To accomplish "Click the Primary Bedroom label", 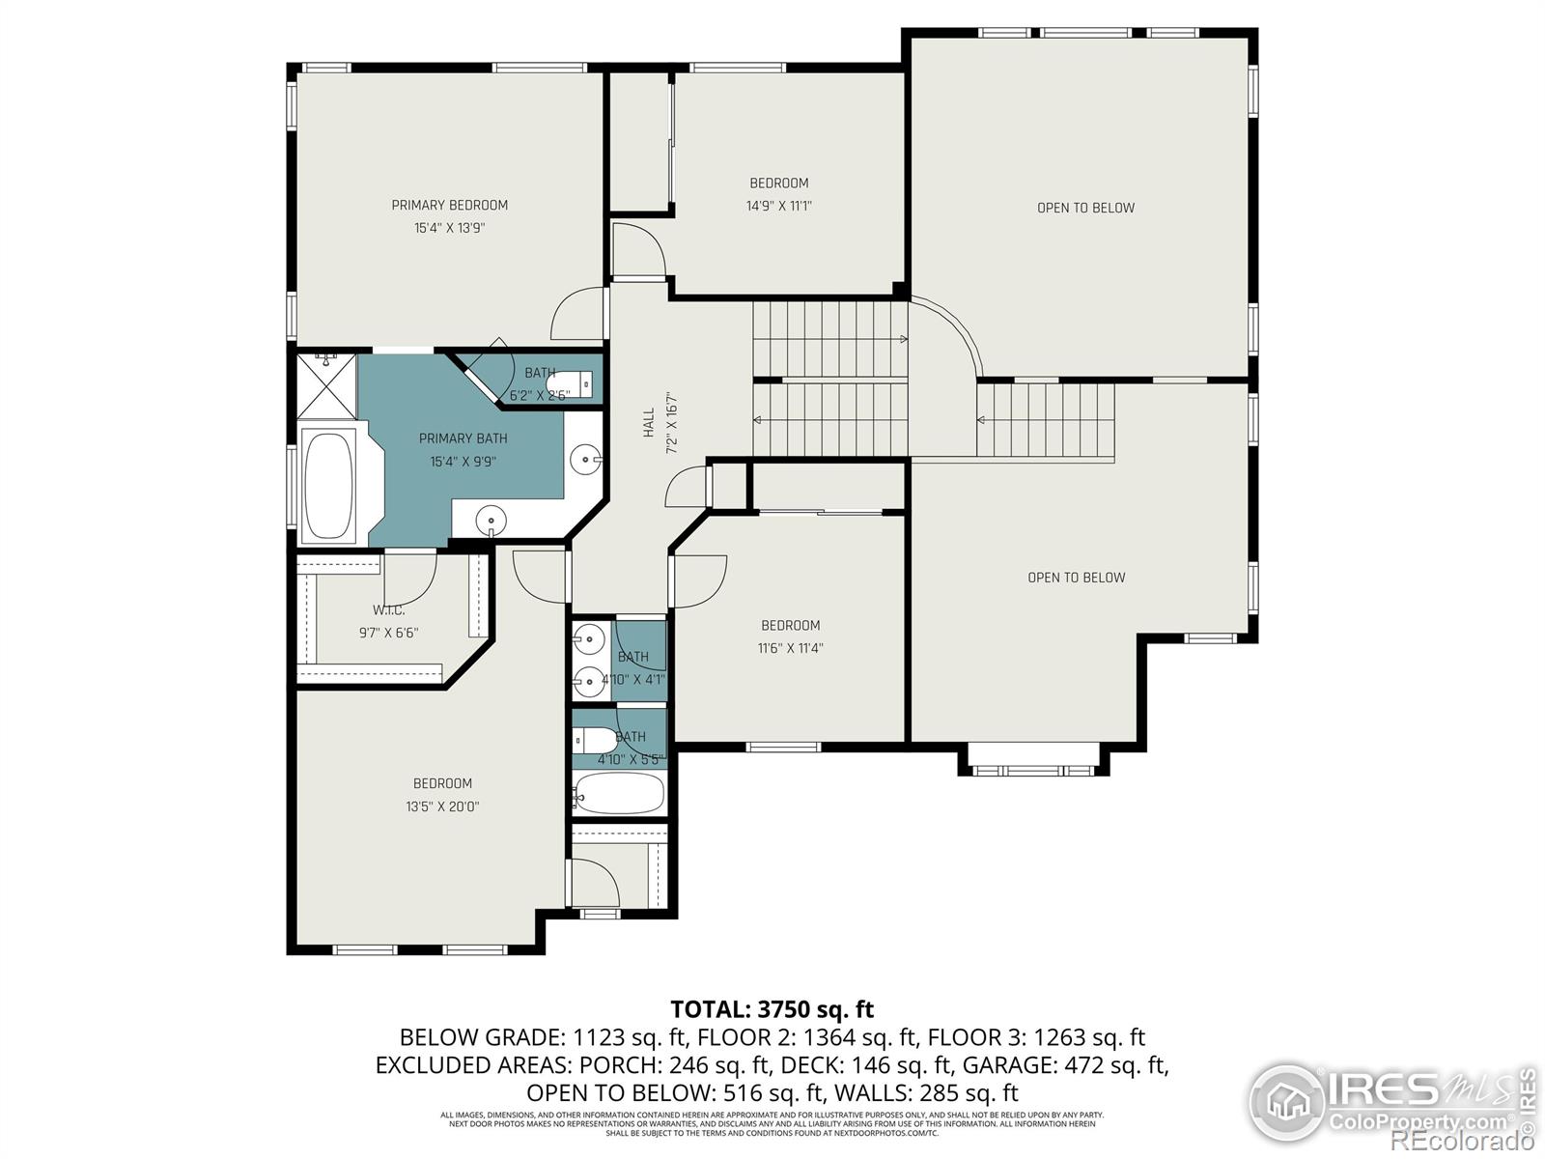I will [449, 205].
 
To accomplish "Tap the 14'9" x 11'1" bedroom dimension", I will [778, 206].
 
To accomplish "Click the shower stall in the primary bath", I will [326, 383].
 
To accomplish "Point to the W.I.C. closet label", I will [388, 610].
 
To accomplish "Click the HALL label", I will [649, 422].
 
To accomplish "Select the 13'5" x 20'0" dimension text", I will [442, 806].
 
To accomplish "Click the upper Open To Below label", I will [1085, 208].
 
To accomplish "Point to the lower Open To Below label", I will [1076, 578].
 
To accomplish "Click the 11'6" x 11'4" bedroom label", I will [790, 626].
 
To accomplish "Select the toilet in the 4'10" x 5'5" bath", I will [593, 741].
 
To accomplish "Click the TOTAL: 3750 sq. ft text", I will [772, 1009].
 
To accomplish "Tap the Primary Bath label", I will [463, 438].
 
